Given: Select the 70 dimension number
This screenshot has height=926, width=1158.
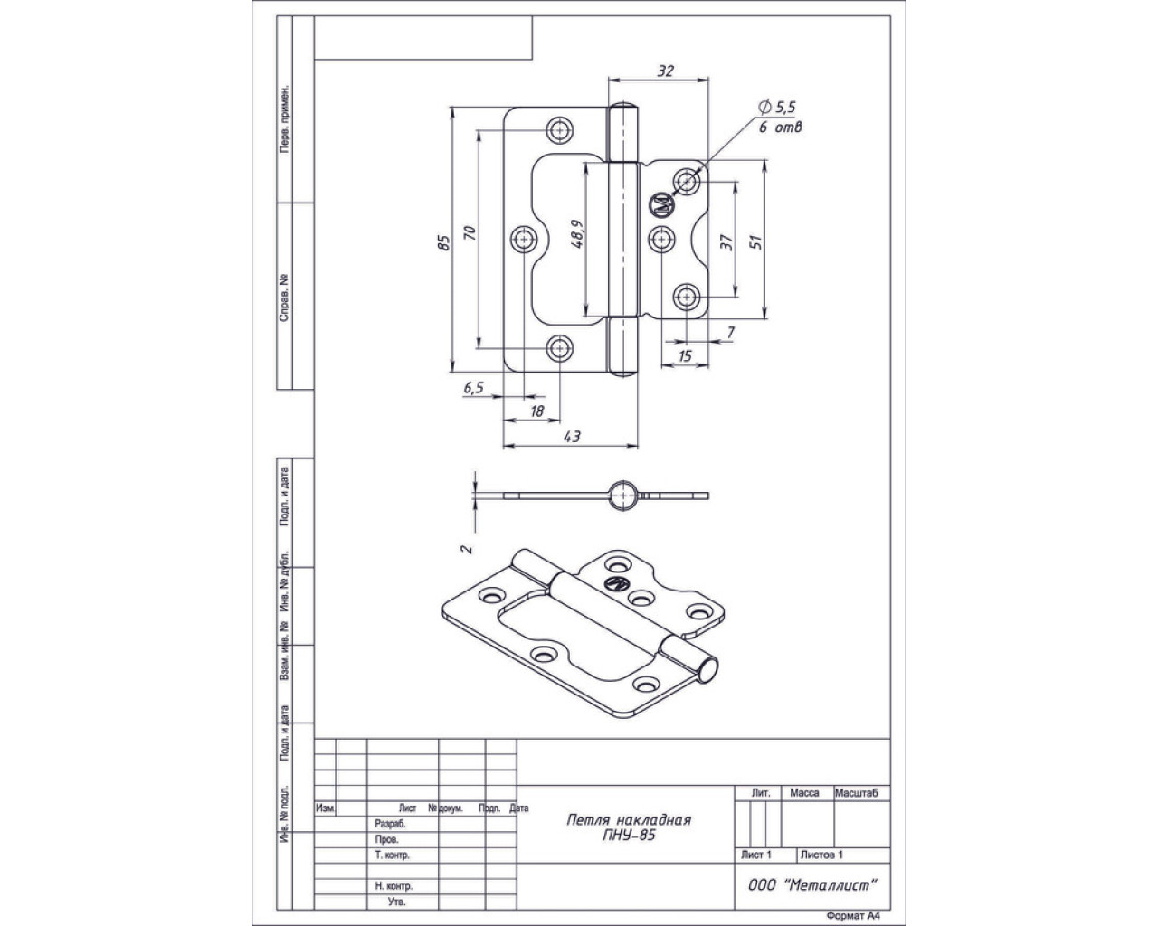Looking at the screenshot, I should [x=469, y=233].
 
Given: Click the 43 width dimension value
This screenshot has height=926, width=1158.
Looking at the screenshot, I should [x=572, y=436].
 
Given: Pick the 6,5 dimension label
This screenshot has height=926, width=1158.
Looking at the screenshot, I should [x=474, y=387].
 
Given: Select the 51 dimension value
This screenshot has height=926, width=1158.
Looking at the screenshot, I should [x=758, y=241].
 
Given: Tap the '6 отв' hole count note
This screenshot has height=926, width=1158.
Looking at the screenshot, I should [x=780, y=128].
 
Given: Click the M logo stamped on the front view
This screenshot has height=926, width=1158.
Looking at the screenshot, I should [x=660, y=205].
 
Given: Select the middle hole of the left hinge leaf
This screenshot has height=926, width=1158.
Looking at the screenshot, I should [x=525, y=239].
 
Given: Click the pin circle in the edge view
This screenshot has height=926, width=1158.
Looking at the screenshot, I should [x=622, y=495].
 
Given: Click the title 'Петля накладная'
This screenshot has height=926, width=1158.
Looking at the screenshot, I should [x=628, y=819].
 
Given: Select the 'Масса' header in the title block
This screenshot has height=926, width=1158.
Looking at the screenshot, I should [x=804, y=793].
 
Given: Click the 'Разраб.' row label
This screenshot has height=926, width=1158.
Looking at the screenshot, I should [x=390, y=824].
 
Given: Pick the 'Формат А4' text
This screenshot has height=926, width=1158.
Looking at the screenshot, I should [x=852, y=914].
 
